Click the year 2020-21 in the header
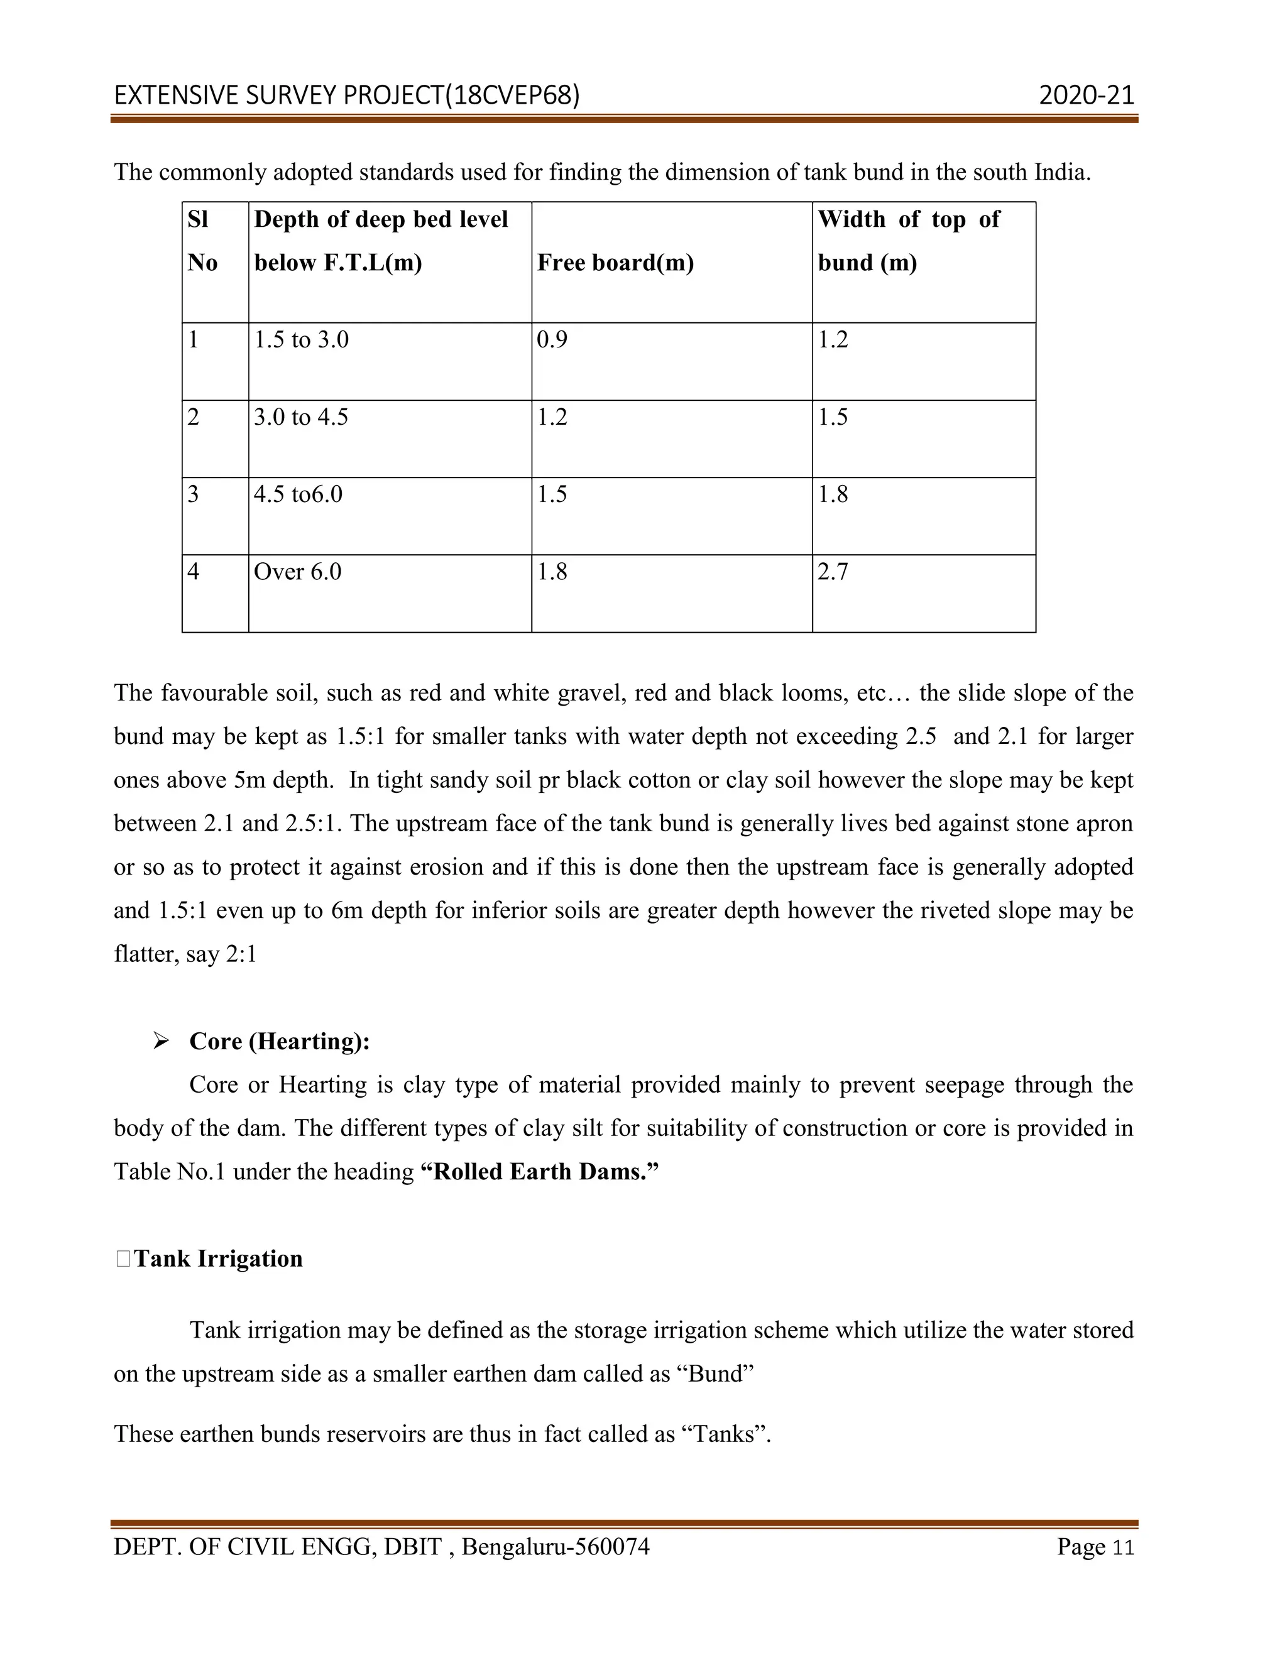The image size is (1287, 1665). pyautogui.click(x=1086, y=96)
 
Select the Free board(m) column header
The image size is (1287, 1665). pyautogui.click(x=615, y=263)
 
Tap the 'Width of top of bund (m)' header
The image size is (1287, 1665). pyautogui.click(x=908, y=241)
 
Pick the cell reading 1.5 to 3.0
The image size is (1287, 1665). pyautogui.click(x=301, y=340)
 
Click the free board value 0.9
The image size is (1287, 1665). pyautogui.click(x=552, y=340)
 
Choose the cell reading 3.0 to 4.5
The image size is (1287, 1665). pyautogui.click(x=301, y=418)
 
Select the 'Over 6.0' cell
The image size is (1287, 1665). pyautogui.click(x=297, y=572)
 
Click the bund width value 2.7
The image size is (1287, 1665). pyautogui.click(x=833, y=572)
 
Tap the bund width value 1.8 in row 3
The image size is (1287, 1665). pyautogui.click(x=833, y=494)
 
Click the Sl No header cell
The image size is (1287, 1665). pyautogui.click(x=202, y=241)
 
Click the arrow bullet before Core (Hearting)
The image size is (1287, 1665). pyautogui.click(x=160, y=1040)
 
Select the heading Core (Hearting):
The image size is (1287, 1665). pyautogui.click(x=279, y=1041)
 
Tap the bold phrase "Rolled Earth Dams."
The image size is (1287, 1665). pyautogui.click(x=539, y=1171)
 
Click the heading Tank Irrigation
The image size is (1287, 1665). pyautogui.click(x=218, y=1258)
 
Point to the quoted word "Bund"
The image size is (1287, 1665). pyautogui.click(x=715, y=1373)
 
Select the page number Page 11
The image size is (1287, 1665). pyautogui.click(x=1095, y=1547)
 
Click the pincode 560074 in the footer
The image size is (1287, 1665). pyautogui.click(x=611, y=1547)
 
